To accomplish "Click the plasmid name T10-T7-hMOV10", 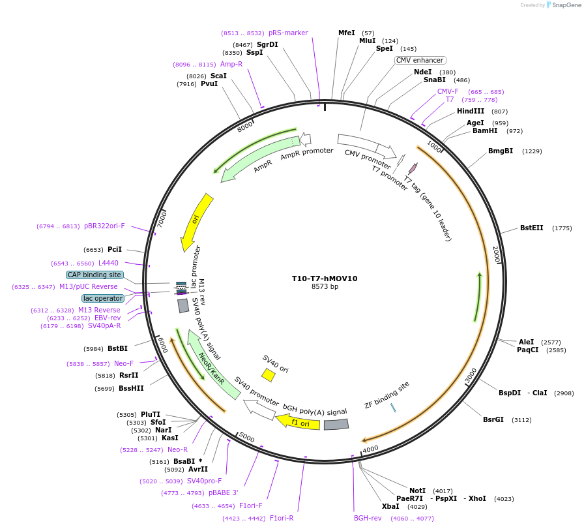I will click(325, 278).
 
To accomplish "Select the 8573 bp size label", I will click(325, 286).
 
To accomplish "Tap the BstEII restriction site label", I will click(532, 228).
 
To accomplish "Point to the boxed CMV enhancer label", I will click(420, 60).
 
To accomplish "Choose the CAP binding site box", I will click(95, 275).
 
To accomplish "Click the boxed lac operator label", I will click(103, 298).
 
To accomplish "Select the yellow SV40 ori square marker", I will click(268, 374).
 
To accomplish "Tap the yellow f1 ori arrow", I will click(298, 422).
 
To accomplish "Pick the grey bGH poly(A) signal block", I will click(336, 425).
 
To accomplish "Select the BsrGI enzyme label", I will click(493, 419).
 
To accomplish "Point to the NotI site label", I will click(418, 491).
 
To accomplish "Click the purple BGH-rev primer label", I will click(368, 518).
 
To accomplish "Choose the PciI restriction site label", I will click(115, 249).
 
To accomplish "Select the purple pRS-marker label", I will click(288, 33).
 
